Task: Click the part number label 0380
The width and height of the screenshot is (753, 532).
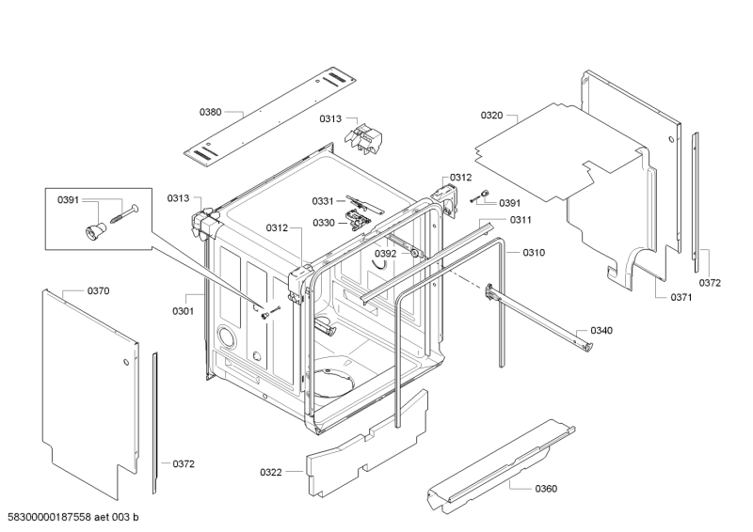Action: pyautogui.click(x=210, y=112)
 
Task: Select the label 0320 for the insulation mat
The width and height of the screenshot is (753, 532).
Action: pyautogui.click(x=491, y=115)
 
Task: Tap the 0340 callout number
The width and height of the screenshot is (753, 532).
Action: pyautogui.click(x=601, y=330)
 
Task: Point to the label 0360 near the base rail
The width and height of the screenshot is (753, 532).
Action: pyautogui.click(x=546, y=489)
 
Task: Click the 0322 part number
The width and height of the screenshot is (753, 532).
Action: pyautogui.click(x=271, y=472)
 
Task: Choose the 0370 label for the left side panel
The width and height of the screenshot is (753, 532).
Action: pyautogui.click(x=99, y=290)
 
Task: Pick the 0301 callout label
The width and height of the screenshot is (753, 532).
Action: pyautogui.click(x=183, y=311)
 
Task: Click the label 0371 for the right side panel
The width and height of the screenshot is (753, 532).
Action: pyautogui.click(x=681, y=297)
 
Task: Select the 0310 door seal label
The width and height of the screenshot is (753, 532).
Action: pyautogui.click(x=534, y=252)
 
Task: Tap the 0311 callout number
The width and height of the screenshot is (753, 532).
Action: pyautogui.click(x=521, y=220)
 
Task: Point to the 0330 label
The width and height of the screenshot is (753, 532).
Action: pyautogui.click(x=324, y=223)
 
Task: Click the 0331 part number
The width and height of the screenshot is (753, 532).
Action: pyautogui.click(x=323, y=201)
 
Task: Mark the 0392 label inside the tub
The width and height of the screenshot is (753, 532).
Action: pyautogui.click(x=386, y=253)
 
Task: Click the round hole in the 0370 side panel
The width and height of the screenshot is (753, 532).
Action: pyautogui.click(x=125, y=362)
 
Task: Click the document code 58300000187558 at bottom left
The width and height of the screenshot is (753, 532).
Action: pyautogui.click(x=50, y=517)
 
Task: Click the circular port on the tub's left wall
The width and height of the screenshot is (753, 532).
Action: pyautogui.click(x=227, y=336)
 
